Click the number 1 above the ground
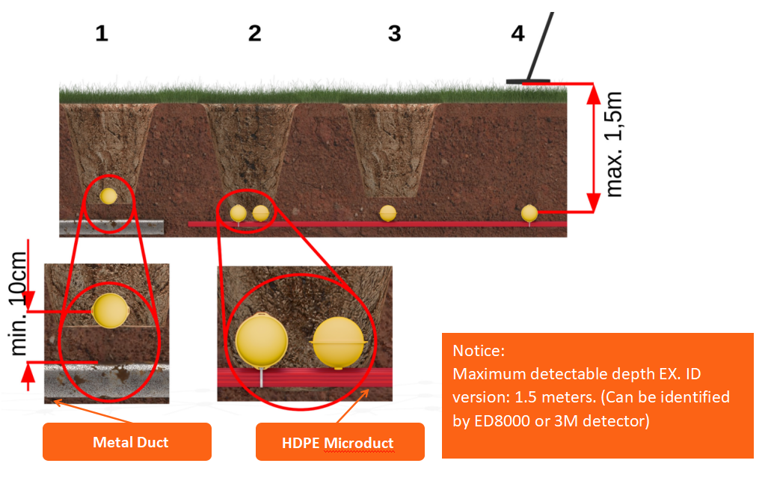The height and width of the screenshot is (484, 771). click(102, 34)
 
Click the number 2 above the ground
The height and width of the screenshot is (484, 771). click(255, 34)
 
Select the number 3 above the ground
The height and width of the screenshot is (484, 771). click(395, 34)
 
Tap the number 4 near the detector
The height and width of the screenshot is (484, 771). click(517, 34)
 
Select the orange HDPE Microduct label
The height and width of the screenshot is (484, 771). click(340, 443)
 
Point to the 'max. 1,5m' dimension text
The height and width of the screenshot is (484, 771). click(614, 146)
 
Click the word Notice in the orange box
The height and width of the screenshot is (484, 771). click(479, 350)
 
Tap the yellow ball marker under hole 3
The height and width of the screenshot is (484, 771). click(387, 212)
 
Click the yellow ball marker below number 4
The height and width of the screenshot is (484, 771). click(529, 212)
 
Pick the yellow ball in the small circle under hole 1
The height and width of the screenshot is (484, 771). click(108, 196)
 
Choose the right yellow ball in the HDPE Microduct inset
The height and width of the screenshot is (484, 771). click(340, 343)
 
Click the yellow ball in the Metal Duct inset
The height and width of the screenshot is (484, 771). click(111, 310)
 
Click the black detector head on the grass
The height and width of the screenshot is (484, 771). click(528, 81)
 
